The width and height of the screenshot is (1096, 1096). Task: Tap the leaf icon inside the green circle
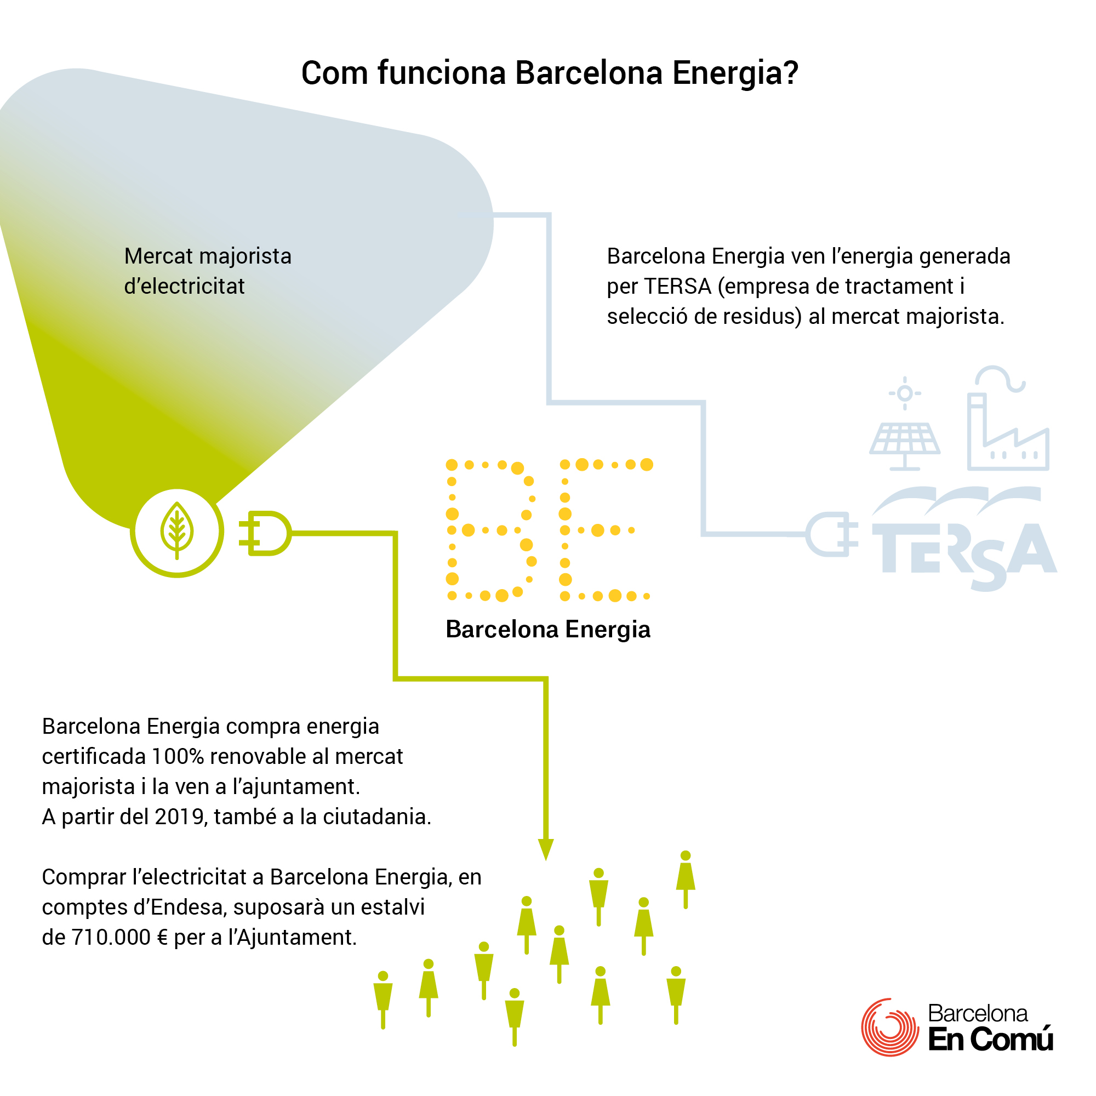(177, 531)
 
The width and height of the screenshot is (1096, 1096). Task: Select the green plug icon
(264, 533)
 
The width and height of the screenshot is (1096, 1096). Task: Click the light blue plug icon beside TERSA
(832, 534)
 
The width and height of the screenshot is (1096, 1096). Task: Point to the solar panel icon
(905, 447)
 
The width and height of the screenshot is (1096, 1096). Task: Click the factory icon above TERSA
(1008, 419)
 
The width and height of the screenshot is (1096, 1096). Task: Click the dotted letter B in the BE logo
(491, 530)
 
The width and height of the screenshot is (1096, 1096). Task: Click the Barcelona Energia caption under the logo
(548, 630)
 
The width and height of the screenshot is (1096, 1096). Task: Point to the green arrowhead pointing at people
(546, 849)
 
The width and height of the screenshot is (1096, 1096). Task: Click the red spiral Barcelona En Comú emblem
(889, 1027)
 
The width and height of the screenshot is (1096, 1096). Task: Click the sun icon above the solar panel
(905, 393)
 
